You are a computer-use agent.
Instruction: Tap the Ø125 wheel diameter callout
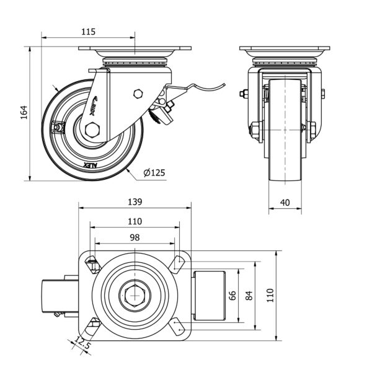[x=154, y=172]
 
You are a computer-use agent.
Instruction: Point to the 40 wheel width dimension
[x=285, y=203]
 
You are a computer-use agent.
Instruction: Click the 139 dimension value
[x=135, y=201]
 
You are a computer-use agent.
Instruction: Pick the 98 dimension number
[x=135, y=237]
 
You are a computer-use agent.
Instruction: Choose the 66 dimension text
[x=234, y=296]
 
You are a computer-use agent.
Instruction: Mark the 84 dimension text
[x=249, y=296]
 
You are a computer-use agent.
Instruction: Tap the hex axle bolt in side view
[x=94, y=130]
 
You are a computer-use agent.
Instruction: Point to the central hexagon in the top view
[x=135, y=296]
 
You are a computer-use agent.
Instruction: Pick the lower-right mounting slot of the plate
[x=178, y=327]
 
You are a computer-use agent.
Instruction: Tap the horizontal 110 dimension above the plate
[x=135, y=221]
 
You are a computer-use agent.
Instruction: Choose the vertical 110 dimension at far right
[x=270, y=296]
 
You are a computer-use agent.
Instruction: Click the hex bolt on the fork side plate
[x=138, y=94]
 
